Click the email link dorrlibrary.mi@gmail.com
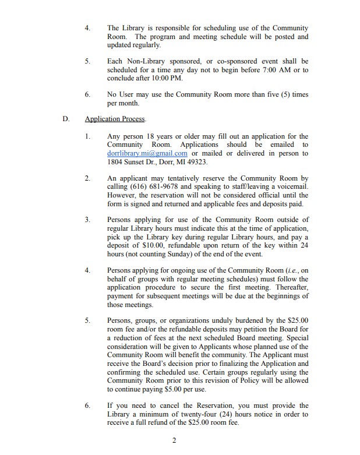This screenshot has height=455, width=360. tap(147, 153)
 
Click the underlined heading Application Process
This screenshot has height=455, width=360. tap(115, 119)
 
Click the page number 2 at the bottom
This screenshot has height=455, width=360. tap(174, 439)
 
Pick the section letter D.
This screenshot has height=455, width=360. tap(66, 119)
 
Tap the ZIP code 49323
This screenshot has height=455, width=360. tap(195, 161)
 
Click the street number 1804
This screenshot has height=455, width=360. tap(117, 161)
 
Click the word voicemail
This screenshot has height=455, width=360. tap(292, 186)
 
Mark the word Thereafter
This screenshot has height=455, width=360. tap(289, 287)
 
